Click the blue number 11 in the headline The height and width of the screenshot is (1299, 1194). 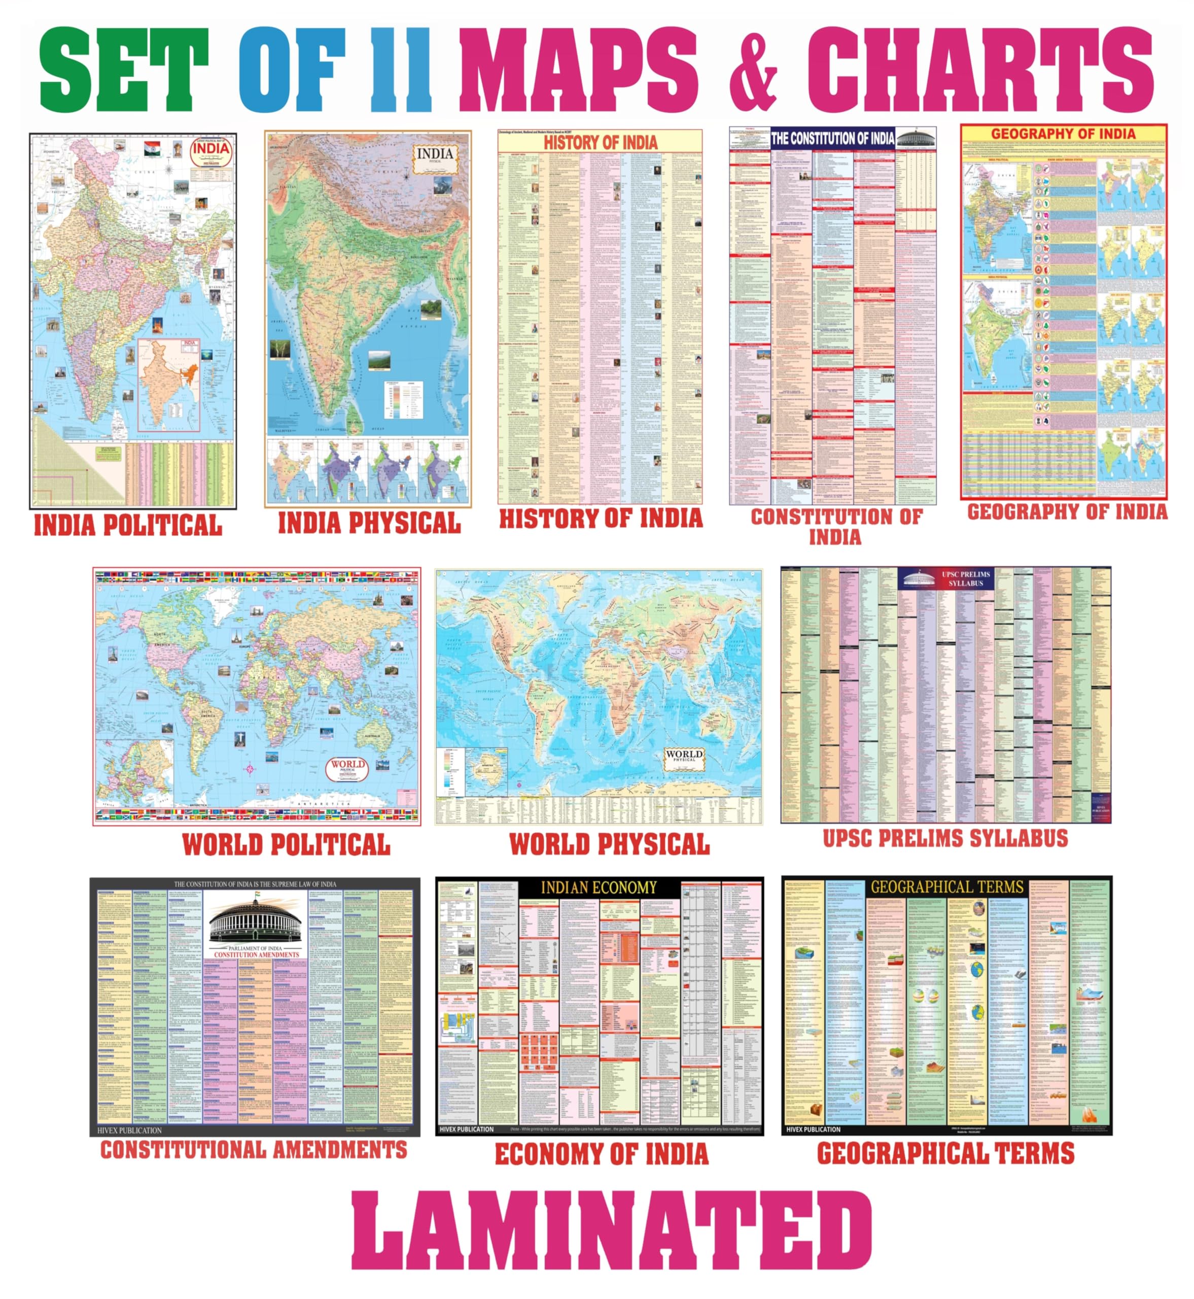pos(401,71)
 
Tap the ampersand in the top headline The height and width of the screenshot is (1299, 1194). pos(753,71)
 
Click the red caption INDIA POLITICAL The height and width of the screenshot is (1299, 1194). pos(128,525)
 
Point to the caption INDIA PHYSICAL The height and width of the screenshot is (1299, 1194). pos(369,523)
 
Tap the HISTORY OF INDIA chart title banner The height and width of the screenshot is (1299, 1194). pos(600,142)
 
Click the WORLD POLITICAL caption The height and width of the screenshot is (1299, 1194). pos(286,845)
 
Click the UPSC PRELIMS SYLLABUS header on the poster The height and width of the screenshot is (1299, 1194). pos(965,578)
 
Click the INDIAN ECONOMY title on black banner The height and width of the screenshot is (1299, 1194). pos(599,888)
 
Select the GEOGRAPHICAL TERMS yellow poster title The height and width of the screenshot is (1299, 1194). pos(946,886)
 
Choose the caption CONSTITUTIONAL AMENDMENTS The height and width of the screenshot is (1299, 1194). pos(254,1150)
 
